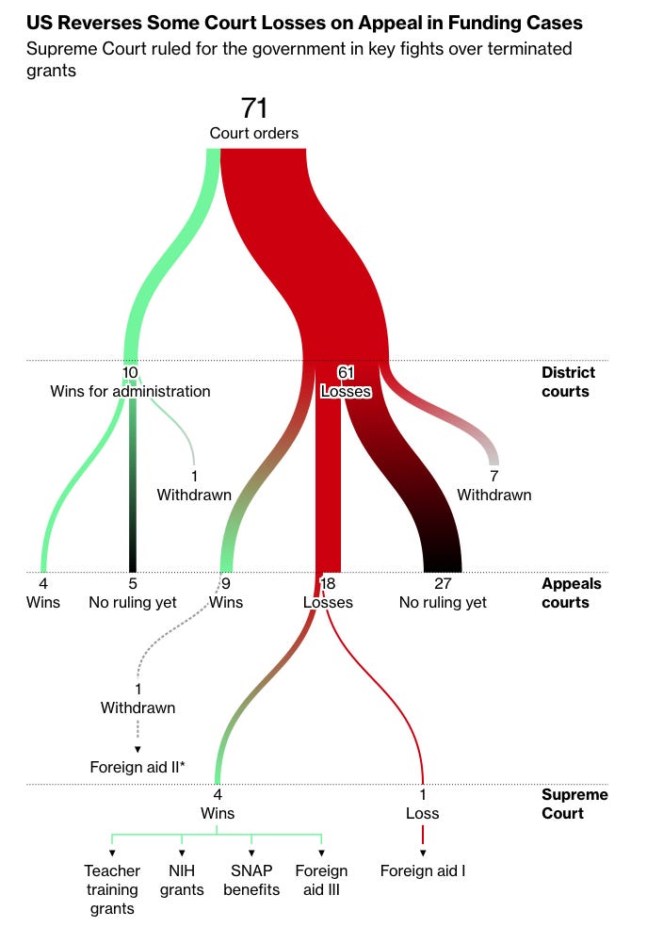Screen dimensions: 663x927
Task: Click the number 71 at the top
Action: click(254, 108)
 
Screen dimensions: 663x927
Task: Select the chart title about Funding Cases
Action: click(304, 23)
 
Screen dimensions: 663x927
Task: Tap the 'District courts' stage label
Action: click(568, 382)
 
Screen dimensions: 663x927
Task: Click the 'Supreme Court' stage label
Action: click(574, 804)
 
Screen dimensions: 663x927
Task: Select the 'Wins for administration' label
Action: click(130, 391)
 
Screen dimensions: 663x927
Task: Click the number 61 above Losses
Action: click(345, 372)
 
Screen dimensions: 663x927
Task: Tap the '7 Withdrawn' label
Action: click(493, 486)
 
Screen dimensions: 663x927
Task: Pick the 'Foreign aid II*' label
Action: click(137, 767)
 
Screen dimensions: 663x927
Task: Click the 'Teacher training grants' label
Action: click(112, 889)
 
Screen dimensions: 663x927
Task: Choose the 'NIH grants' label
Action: click(182, 880)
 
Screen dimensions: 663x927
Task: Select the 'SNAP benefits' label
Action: click(251, 880)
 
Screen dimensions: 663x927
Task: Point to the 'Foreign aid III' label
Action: click(321, 880)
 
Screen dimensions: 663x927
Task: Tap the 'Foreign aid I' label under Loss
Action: click(423, 870)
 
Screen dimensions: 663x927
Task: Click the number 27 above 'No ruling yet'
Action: click(443, 584)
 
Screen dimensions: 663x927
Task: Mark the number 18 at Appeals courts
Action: click(328, 584)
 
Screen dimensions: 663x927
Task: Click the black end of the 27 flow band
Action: click(443, 561)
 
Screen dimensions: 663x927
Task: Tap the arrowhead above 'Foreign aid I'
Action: click(423, 853)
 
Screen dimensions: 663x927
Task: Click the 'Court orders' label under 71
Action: click(254, 133)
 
